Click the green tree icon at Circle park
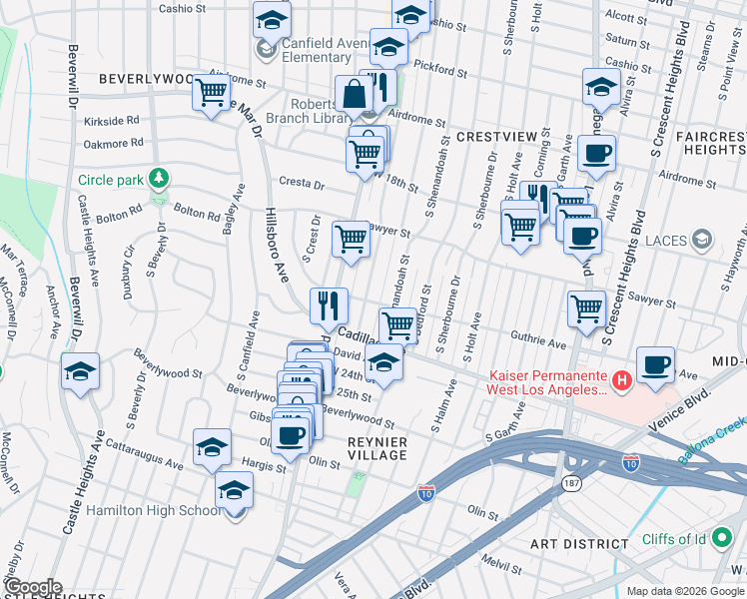click(157, 179)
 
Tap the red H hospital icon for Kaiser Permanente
click(621, 380)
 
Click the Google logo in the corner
click(32, 587)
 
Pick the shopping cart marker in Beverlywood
click(212, 92)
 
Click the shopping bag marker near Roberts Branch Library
click(354, 95)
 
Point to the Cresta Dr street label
click(303, 186)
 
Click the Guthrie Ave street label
click(538, 344)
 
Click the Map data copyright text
click(684, 591)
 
